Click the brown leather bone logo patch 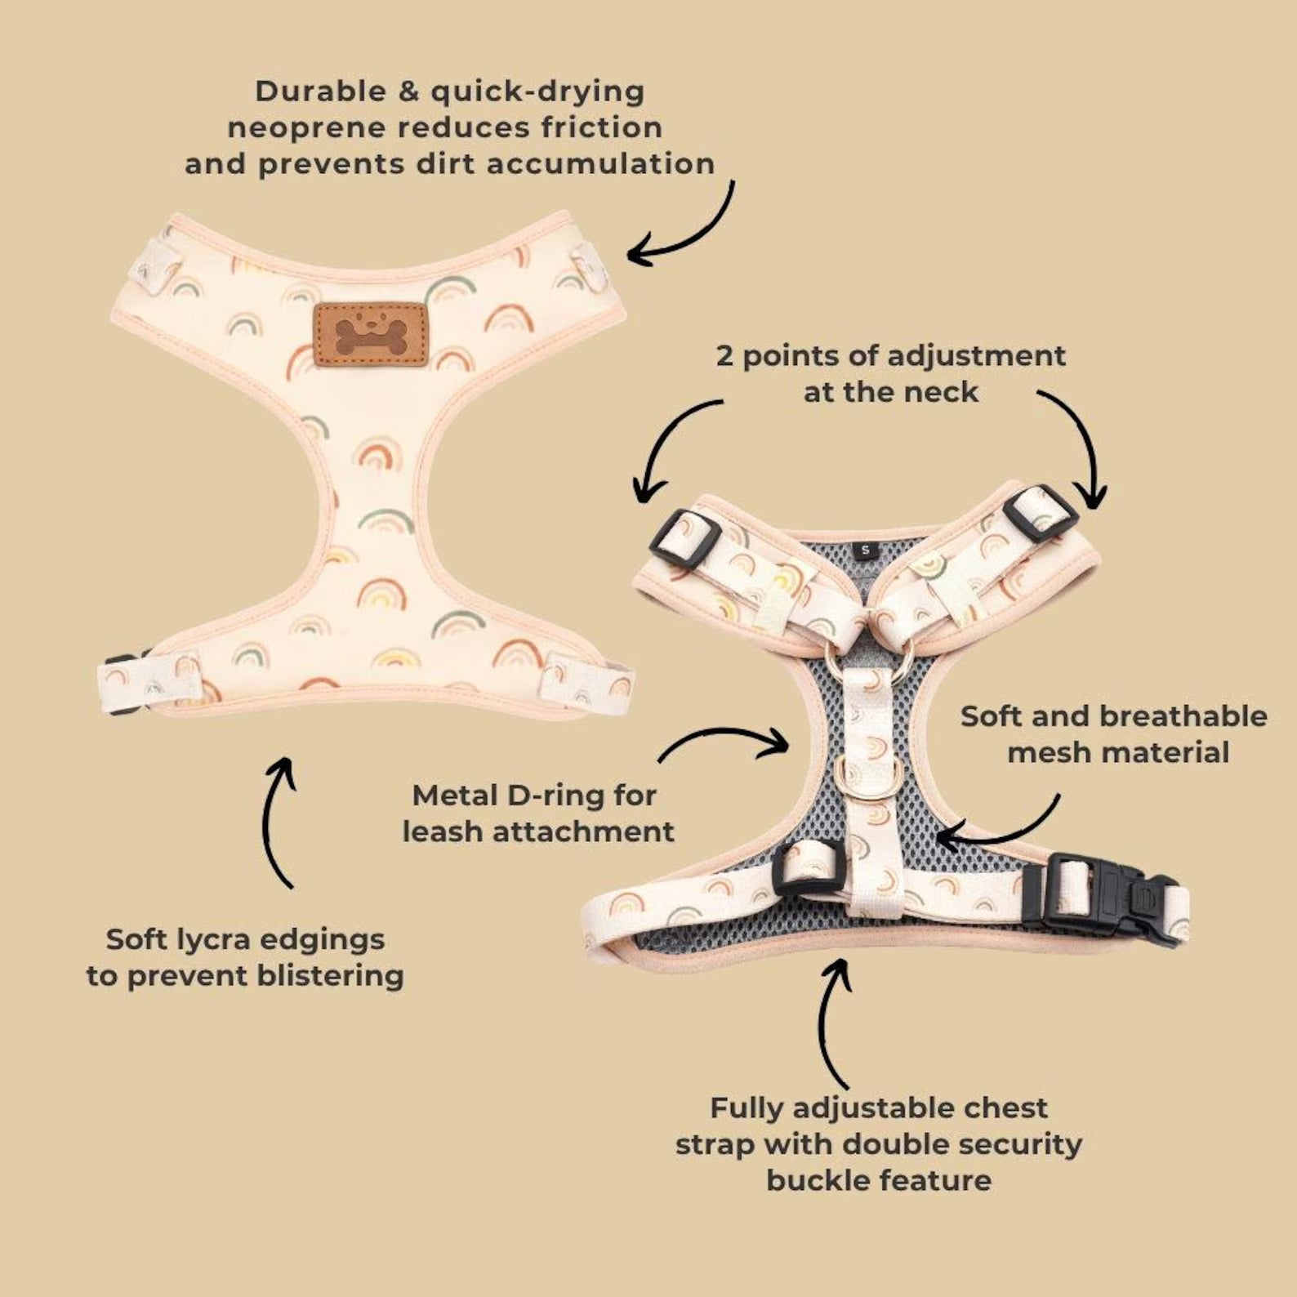(372, 333)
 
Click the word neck (945, 392)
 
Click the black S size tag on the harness (865, 550)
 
